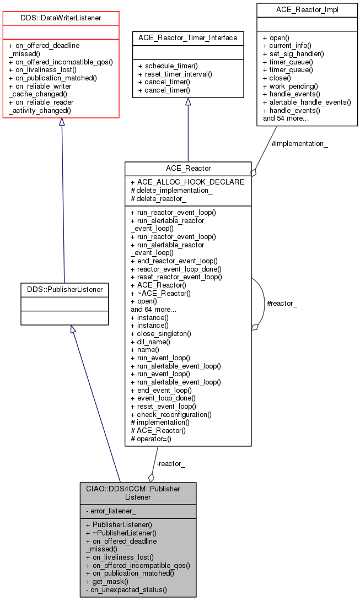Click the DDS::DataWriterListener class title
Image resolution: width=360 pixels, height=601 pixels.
click(x=61, y=19)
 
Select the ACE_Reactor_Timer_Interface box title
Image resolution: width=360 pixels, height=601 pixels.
click(x=188, y=38)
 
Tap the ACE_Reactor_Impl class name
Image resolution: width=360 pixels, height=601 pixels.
click(x=307, y=10)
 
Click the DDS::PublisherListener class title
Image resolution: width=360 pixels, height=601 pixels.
click(x=65, y=289)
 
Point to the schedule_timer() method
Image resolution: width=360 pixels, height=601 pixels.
click(x=169, y=66)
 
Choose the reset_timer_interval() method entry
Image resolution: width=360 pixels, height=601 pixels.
click(x=175, y=74)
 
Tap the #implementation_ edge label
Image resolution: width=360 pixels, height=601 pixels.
click(x=299, y=143)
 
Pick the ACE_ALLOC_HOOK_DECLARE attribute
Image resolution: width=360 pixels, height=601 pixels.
click(x=187, y=182)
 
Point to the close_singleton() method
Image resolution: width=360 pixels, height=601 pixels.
click(x=164, y=333)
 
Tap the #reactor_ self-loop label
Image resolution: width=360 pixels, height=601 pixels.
click(x=281, y=304)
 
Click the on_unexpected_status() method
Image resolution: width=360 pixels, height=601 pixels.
click(x=126, y=589)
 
